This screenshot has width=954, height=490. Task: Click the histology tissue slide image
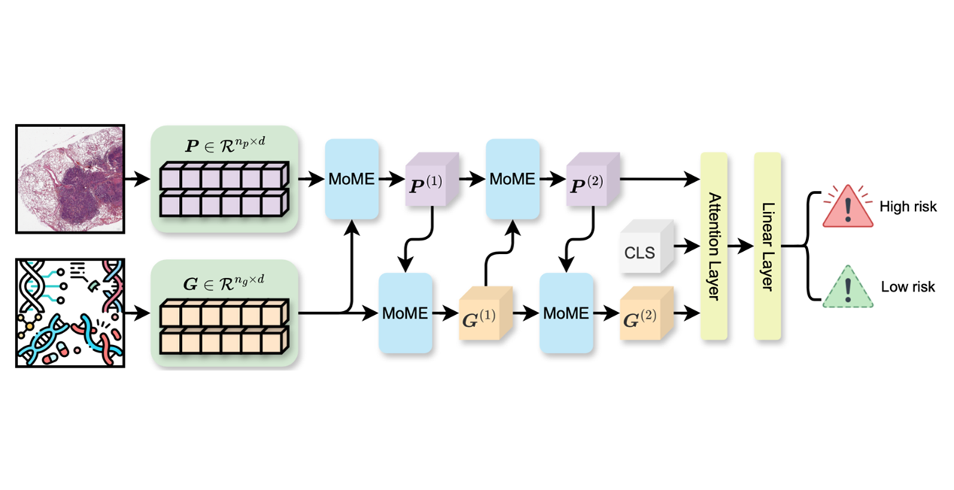pos(70,179)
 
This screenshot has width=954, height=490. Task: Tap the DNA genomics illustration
pos(70,313)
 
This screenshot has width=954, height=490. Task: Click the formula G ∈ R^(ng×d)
pos(226,279)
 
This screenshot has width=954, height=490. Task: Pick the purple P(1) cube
pos(432,180)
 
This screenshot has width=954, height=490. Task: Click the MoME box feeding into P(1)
pos(351,180)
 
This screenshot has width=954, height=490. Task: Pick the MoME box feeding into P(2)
pos(512,180)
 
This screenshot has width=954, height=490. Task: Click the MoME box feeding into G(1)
pos(404,313)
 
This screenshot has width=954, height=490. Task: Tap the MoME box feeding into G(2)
pos(565,313)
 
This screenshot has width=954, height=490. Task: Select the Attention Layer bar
pos(713,247)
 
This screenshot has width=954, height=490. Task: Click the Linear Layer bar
pos(768,247)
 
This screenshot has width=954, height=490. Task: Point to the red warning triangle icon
pos(848,206)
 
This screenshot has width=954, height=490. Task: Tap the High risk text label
pos(907,206)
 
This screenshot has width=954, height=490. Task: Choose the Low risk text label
pos(907,287)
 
